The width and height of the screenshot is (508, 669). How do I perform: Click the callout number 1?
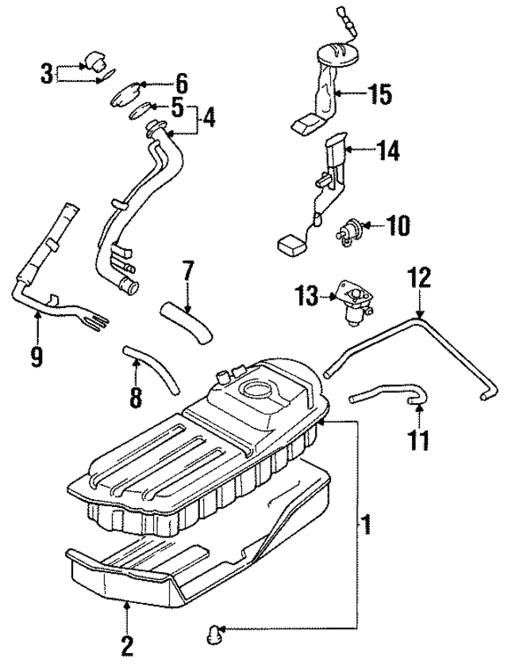367,525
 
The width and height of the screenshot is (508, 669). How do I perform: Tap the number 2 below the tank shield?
125,646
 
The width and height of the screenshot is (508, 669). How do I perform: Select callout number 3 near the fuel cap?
47,75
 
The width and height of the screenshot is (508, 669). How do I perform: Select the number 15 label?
380,94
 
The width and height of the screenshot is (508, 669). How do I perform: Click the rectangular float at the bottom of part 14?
290,244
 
